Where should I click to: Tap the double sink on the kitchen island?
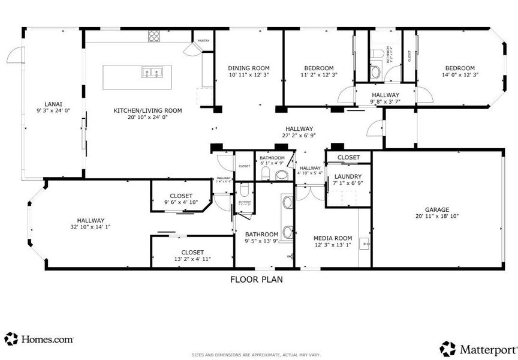click(x=152, y=73)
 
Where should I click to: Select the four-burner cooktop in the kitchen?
click(x=155, y=36)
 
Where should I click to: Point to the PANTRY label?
click(x=203, y=41)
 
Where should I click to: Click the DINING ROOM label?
click(x=249, y=68)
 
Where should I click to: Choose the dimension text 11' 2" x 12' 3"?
click(x=319, y=76)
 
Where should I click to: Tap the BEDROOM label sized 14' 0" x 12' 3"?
click(x=459, y=68)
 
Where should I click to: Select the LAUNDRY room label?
click(x=348, y=176)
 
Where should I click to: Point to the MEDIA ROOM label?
click(x=333, y=238)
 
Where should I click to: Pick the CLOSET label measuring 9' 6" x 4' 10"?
click(x=181, y=196)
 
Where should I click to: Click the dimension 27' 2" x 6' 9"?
click(x=299, y=136)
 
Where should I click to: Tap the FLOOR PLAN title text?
click(x=257, y=279)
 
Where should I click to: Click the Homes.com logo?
click(x=40, y=339)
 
